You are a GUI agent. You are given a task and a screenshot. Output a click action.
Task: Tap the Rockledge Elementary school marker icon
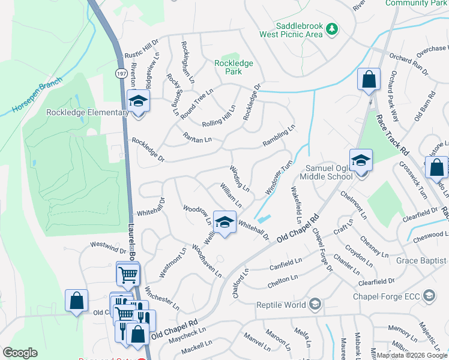[138, 102]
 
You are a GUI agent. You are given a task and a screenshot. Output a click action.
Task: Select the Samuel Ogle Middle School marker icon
[361, 160]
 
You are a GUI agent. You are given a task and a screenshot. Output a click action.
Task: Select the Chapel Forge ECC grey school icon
[429, 295]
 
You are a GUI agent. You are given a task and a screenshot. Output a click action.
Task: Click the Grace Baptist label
[414, 260]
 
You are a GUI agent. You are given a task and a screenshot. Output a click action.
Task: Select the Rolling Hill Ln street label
[220, 114]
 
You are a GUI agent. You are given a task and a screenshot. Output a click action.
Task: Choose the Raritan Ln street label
[197, 139]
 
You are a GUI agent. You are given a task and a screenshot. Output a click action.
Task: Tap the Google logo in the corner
[20, 353]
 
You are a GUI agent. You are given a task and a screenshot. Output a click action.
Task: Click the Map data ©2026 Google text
[412, 356]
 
